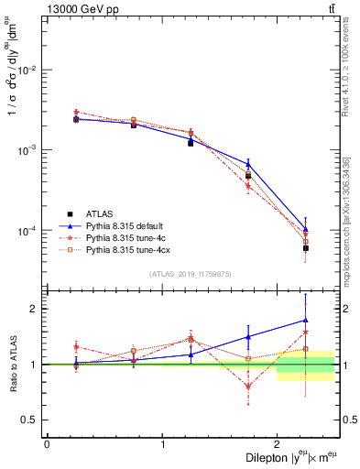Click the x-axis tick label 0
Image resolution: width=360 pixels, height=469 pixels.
47,444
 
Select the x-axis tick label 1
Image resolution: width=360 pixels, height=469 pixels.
162,444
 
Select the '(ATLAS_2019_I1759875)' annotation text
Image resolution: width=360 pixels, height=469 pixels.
191,272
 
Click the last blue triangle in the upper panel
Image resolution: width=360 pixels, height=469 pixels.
306,230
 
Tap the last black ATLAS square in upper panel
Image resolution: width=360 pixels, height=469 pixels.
306,248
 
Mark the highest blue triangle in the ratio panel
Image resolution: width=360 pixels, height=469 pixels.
306,321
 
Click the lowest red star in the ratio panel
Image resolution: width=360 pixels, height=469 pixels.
248,387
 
